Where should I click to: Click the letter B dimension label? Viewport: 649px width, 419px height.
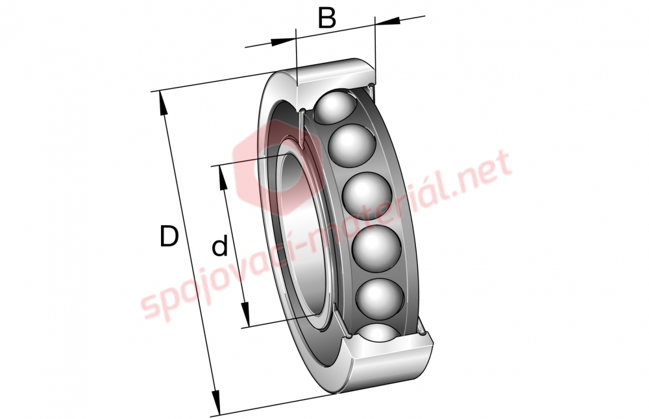(x=327, y=18)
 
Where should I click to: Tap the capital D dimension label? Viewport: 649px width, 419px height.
(x=169, y=236)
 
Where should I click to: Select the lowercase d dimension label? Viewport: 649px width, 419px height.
(x=220, y=245)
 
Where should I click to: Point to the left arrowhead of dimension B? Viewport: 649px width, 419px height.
(x=284, y=41)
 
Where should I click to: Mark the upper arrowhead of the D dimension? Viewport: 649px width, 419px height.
(x=162, y=103)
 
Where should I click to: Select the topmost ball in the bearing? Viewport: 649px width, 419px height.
(x=334, y=107)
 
